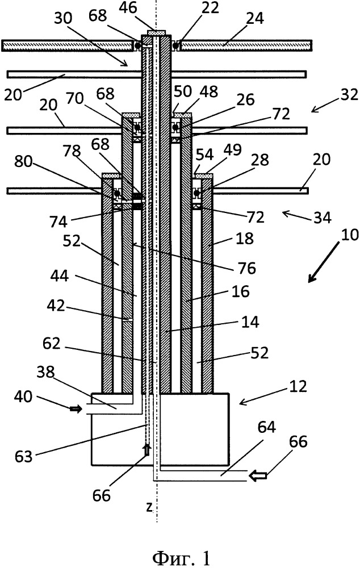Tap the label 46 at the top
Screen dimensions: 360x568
129,7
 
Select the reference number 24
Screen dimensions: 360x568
255,18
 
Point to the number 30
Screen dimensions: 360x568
64,19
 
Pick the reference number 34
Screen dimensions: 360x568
322,218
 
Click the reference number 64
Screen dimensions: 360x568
266,428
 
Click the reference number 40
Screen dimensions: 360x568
23,396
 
